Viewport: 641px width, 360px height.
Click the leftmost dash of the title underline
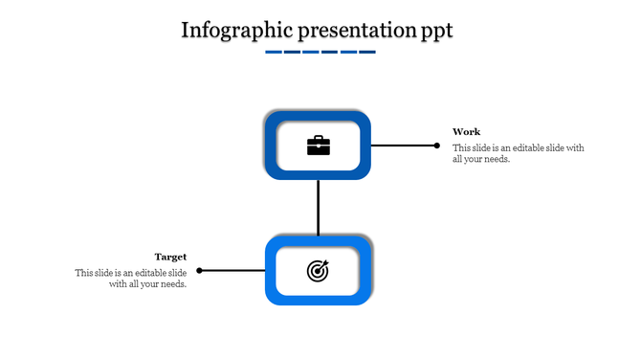[x=273, y=52]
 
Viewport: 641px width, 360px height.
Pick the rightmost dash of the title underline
[x=366, y=52]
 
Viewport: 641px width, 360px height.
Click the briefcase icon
[x=318, y=146]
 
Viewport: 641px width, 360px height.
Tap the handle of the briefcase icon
[x=318, y=138]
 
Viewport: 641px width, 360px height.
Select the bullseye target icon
[x=318, y=272]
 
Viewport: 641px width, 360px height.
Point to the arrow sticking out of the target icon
[x=325, y=264]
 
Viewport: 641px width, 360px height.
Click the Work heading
[x=467, y=132]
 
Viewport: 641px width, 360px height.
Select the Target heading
[x=170, y=257]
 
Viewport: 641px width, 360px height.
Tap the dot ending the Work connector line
[x=437, y=146]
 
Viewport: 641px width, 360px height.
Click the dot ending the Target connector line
[x=200, y=271]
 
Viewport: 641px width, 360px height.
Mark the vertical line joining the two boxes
[x=318, y=207]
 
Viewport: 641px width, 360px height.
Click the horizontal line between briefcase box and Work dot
[x=402, y=146]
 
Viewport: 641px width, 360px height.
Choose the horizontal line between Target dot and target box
[x=232, y=271]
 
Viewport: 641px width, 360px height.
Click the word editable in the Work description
[x=529, y=148]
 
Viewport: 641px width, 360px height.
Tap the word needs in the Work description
[x=496, y=160]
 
